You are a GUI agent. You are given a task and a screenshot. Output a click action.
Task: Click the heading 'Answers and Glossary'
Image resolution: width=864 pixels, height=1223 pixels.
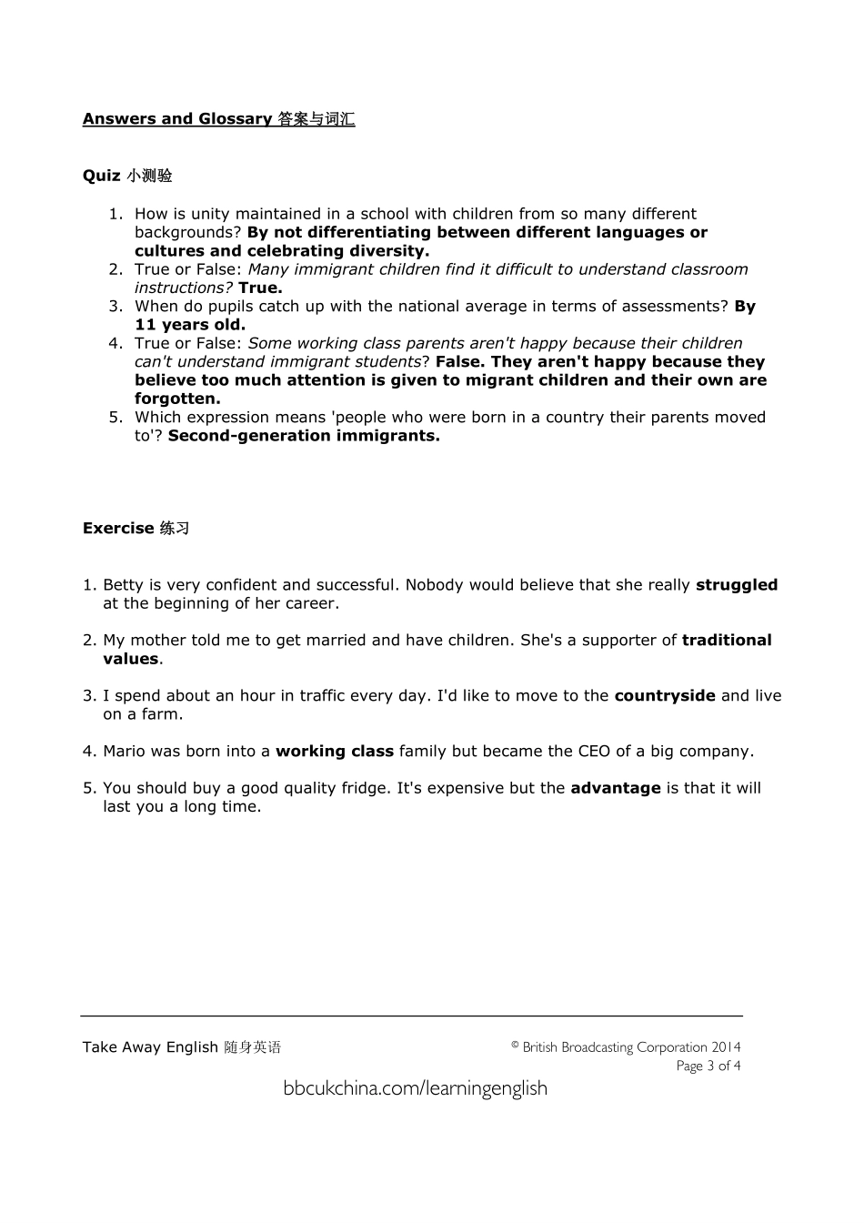click(x=177, y=119)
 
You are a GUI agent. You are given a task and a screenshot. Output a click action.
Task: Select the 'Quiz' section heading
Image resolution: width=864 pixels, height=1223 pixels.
click(x=102, y=176)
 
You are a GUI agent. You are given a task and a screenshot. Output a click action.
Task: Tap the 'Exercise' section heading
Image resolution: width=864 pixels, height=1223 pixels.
click(x=118, y=529)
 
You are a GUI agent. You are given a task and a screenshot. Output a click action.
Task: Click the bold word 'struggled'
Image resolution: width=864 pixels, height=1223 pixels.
click(x=736, y=585)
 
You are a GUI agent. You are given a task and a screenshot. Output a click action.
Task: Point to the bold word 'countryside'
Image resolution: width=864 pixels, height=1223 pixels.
click(x=665, y=696)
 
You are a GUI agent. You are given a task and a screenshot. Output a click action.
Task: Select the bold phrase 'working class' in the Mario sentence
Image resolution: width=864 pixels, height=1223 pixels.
click(x=334, y=752)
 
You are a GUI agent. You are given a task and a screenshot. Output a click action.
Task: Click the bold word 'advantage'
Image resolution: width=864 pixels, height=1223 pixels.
click(x=615, y=788)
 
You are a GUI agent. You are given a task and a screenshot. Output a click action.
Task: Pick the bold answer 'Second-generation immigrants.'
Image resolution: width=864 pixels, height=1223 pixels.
click(x=304, y=436)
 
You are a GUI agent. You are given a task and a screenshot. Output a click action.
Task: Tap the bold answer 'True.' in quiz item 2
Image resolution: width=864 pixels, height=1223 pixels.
click(x=260, y=288)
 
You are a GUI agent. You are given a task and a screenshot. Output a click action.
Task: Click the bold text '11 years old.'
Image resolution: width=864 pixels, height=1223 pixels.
click(x=190, y=325)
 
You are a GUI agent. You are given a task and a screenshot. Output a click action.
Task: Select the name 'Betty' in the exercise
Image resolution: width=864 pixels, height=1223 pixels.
click(x=123, y=585)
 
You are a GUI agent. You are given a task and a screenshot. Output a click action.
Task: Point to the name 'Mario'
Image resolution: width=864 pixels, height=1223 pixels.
click(x=124, y=752)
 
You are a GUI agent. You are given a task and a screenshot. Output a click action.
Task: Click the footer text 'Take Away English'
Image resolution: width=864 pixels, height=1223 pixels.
click(x=150, y=1047)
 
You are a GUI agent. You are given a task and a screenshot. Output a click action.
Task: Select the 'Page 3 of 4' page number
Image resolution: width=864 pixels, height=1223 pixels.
click(x=708, y=1066)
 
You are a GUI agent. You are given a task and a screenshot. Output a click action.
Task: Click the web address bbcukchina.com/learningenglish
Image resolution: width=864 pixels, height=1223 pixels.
click(x=415, y=1088)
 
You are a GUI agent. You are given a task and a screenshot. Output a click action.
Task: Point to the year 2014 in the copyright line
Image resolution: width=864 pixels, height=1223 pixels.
click(x=726, y=1047)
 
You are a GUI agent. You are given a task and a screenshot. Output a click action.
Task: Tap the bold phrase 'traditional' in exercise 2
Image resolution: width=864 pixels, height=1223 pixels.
click(x=726, y=641)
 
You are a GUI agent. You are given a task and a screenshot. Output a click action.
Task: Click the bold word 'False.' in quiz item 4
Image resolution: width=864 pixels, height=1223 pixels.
click(x=460, y=362)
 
